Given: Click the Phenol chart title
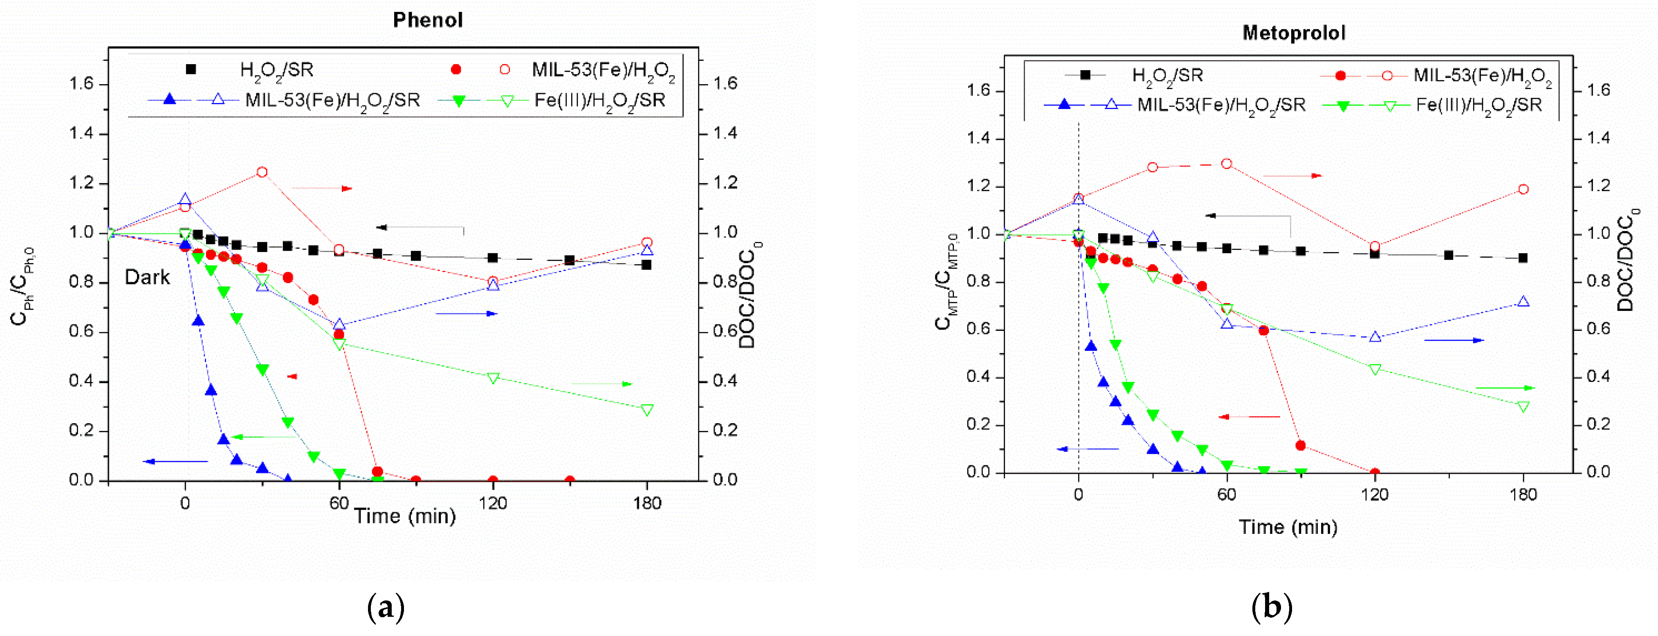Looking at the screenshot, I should [427, 20].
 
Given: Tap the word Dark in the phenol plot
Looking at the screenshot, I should [147, 277].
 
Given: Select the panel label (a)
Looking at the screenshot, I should [386, 607].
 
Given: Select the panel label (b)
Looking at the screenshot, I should [1271, 607].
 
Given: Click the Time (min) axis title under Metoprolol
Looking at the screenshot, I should [1288, 527].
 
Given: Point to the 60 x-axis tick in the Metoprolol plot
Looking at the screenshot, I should [1226, 495].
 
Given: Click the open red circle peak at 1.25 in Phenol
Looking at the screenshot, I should [262, 172].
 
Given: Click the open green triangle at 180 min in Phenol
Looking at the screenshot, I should [647, 410].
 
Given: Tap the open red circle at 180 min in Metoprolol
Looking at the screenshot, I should [1523, 189].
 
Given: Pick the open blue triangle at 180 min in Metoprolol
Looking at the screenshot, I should [1523, 301].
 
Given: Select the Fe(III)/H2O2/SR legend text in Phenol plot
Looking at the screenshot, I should [599, 101].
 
